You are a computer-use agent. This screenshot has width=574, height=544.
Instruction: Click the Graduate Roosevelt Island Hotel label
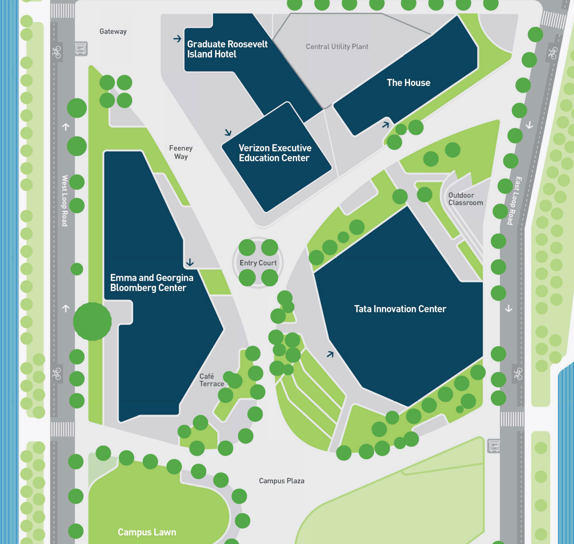point(227,49)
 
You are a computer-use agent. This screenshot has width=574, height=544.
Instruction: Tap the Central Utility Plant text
point(337,47)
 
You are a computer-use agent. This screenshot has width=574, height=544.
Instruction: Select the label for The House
point(408,83)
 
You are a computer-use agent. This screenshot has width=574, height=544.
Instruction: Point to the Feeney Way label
point(181,152)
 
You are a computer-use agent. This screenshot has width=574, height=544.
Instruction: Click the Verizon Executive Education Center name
point(275,153)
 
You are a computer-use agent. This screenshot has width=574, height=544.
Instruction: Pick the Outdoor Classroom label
point(465,199)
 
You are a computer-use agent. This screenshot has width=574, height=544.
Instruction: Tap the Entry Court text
point(258,263)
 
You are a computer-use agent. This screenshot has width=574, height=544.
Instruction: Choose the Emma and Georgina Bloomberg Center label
point(151,283)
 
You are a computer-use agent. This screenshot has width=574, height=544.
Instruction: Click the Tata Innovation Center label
point(400,309)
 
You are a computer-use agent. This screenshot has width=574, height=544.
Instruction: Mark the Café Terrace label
point(212,380)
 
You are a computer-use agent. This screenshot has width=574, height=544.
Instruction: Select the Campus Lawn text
point(147,532)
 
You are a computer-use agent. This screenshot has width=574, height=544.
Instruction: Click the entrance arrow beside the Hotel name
point(177,39)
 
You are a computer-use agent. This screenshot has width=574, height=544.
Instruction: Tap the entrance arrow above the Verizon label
point(228,132)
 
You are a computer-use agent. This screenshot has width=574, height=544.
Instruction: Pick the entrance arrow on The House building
point(386,125)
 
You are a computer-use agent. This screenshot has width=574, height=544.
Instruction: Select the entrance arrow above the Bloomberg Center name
point(190,262)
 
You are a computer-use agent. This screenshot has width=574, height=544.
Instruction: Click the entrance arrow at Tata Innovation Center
point(330,354)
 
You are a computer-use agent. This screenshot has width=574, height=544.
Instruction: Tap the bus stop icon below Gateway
point(81,49)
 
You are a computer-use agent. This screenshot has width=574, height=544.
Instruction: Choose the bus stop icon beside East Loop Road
point(494,445)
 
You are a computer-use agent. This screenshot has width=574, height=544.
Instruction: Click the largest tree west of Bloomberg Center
point(92,321)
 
